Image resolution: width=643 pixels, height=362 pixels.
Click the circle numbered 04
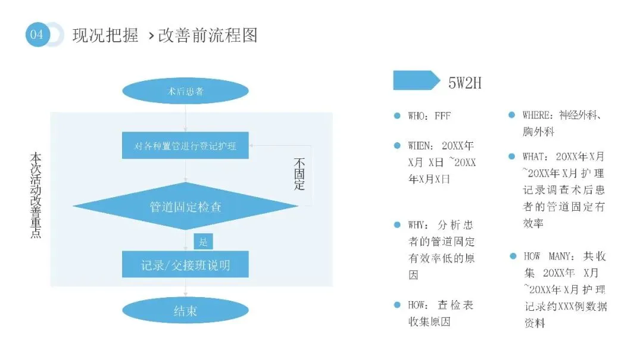pyautogui.click(x=37, y=35)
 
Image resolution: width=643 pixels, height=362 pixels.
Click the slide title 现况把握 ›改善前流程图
pyautogui.click(x=165, y=35)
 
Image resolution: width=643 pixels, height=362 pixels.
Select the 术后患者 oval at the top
pyautogui.click(x=185, y=92)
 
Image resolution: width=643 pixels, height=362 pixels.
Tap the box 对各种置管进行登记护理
pyautogui.click(x=185, y=145)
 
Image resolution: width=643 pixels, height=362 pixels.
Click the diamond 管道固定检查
pyautogui.click(x=185, y=207)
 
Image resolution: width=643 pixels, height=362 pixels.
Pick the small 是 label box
pyautogui.click(x=203, y=242)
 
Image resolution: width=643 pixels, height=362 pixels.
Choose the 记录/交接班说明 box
pyautogui.click(x=185, y=264)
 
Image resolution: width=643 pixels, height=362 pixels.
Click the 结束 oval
pyautogui.click(x=185, y=311)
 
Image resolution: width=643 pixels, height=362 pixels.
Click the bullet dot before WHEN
pyautogui.click(x=397, y=145)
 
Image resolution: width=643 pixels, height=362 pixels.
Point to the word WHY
pyautogui.click(x=416, y=226)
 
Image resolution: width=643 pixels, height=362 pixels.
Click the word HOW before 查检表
pyautogui.click(x=416, y=305)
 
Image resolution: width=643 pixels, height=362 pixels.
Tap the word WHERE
pyautogui.click(x=538, y=115)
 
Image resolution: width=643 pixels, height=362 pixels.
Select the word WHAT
pyautogui.click(x=534, y=157)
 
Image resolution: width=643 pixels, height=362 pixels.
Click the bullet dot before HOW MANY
pyautogui.click(x=512, y=256)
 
